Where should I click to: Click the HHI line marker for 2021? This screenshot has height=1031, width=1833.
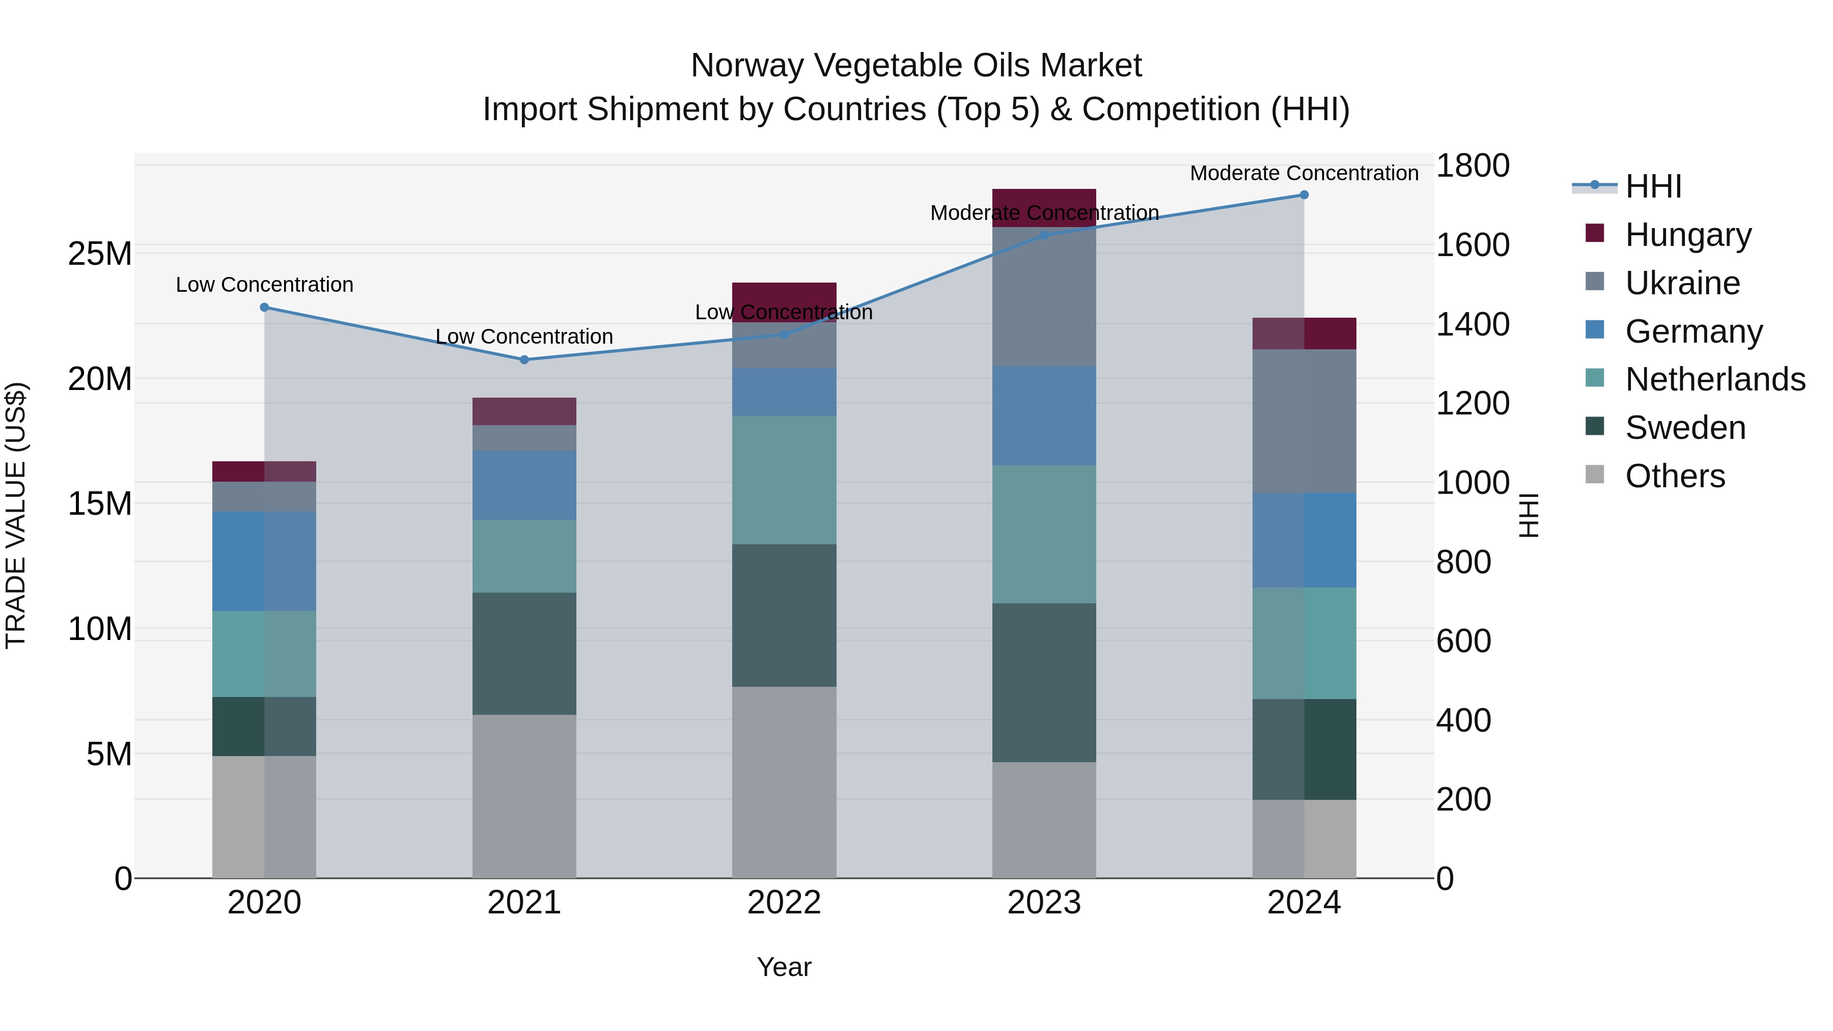(x=524, y=360)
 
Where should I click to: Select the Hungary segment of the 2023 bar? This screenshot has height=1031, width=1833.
(x=1044, y=207)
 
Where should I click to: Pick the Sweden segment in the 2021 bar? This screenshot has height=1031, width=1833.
(x=524, y=653)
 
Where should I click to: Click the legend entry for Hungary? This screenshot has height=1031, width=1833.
(x=1687, y=235)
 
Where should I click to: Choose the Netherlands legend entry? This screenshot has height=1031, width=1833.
(x=1715, y=379)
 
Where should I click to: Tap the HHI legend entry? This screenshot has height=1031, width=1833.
(x=1653, y=186)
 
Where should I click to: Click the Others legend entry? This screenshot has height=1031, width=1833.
(x=1674, y=476)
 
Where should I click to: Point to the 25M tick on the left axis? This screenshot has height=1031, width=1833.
(x=100, y=254)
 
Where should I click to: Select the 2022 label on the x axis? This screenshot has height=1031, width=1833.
(x=784, y=903)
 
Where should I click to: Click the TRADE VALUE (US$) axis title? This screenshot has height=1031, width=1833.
(x=16, y=515)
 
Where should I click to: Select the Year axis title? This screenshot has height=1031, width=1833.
(x=784, y=967)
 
